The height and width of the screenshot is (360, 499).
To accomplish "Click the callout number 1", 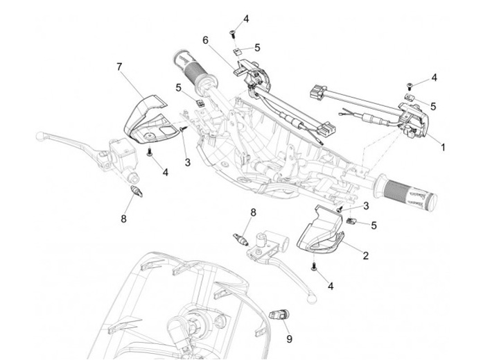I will pyautogui.click(x=444, y=147).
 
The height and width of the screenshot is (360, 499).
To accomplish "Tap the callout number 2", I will pyautogui.click(x=365, y=255).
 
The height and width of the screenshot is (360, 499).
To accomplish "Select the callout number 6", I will pyautogui.click(x=205, y=40).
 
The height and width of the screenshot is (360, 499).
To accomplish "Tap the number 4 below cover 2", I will pyautogui.click(x=331, y=285).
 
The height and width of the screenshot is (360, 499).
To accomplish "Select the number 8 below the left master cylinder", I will pyautogui.click(x=123, y=218).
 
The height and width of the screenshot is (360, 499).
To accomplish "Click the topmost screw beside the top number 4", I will pyautogui.click(x=234, y=31).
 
